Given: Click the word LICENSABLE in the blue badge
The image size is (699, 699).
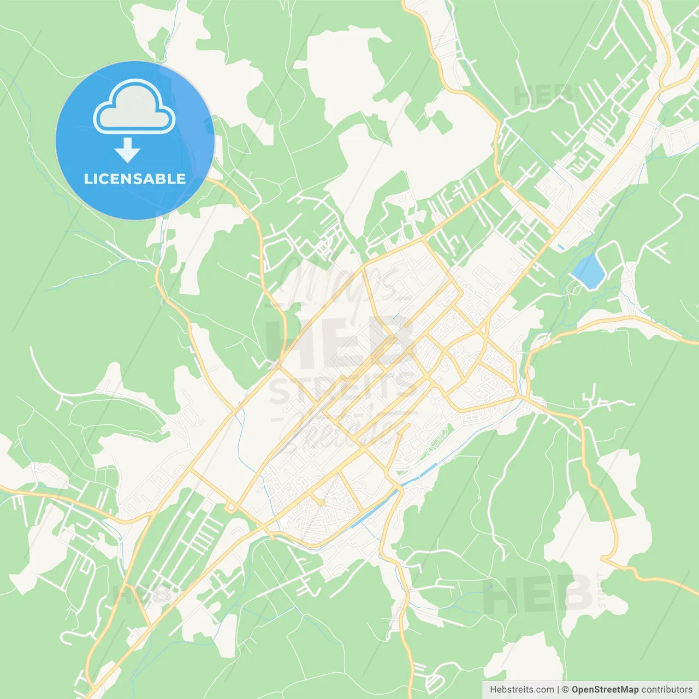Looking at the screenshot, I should pos(135,179).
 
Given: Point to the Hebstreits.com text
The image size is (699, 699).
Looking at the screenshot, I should pos(522,690).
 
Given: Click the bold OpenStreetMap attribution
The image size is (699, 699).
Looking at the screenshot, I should pos(605,690).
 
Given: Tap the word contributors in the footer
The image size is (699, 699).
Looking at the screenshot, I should pos(667,690).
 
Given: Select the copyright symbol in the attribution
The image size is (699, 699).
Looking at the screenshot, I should pos(565,690).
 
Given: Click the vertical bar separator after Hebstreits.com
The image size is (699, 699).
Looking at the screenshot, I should pos(558,690).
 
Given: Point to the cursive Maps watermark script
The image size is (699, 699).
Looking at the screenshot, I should pos(339,284).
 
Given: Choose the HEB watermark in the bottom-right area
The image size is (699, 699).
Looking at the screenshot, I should pos(538,594).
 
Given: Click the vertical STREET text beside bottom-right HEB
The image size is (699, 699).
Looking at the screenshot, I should pos(601,590).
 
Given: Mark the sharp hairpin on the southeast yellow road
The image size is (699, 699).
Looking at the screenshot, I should pos(603,559).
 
